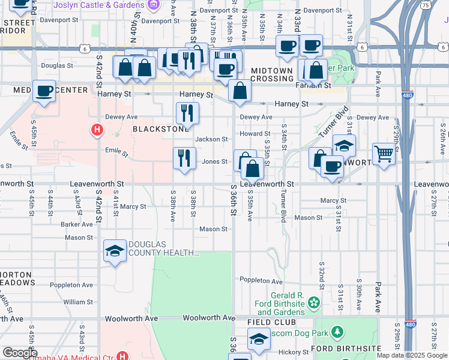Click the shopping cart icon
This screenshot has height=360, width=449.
tap(384, 153)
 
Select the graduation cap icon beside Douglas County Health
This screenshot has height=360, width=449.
tap(115, 251)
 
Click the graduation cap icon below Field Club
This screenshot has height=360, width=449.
tap(259, 339)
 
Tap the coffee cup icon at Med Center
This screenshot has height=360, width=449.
tap(44, 91)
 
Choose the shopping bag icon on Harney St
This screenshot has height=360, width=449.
tap(240, 91)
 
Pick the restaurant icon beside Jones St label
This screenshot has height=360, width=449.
tap(184, 158)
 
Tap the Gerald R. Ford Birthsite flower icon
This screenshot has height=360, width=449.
tap(313, 304)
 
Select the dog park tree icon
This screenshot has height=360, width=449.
tap(337, 332)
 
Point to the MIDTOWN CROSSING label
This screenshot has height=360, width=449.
tap(271, 74)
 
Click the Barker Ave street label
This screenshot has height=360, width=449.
tap(77, 224)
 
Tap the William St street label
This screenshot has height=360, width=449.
tap(78, 302)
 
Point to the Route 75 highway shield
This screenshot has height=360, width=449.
tap(426, 5)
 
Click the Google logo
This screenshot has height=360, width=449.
tap(20, 353)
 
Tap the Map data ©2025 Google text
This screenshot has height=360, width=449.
tap(411, 355)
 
